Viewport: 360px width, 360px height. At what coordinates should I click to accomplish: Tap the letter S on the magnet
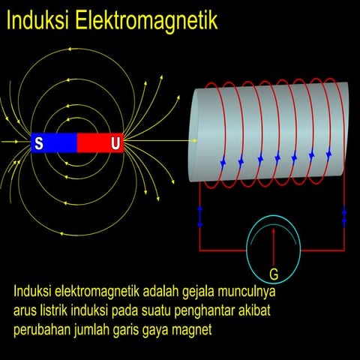38,143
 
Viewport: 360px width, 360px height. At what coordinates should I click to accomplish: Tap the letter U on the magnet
115,143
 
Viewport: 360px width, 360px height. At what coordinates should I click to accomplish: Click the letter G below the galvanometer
274,274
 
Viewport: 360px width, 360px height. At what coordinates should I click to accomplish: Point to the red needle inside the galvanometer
274,244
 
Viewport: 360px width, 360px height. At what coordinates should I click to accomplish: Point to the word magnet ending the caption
193,329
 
